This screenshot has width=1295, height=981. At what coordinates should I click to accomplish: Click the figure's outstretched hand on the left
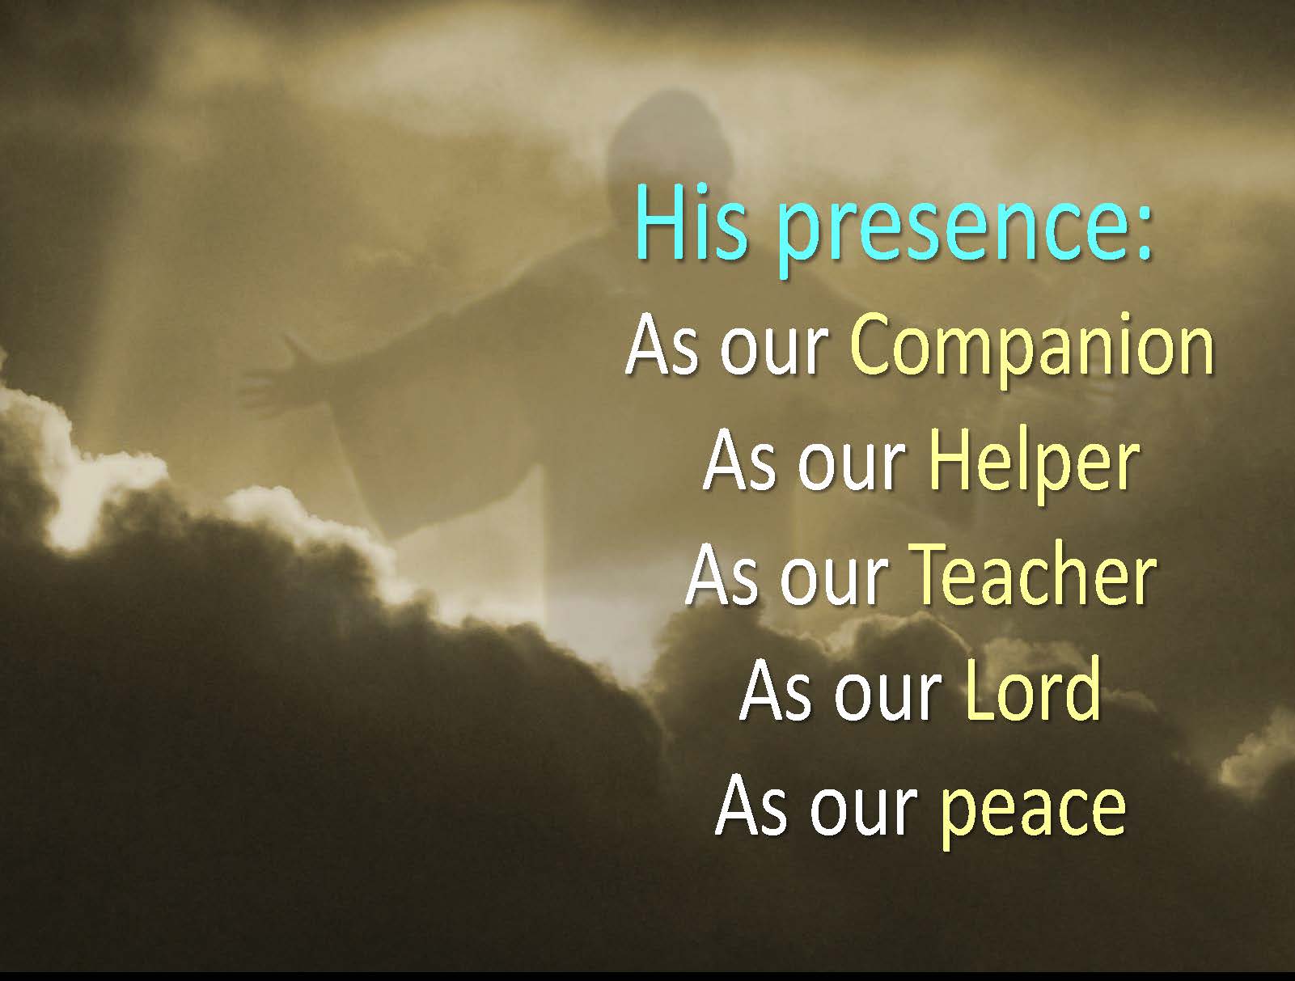tap(278, 378)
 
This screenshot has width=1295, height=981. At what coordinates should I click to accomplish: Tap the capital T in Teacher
tap(933, 575)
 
